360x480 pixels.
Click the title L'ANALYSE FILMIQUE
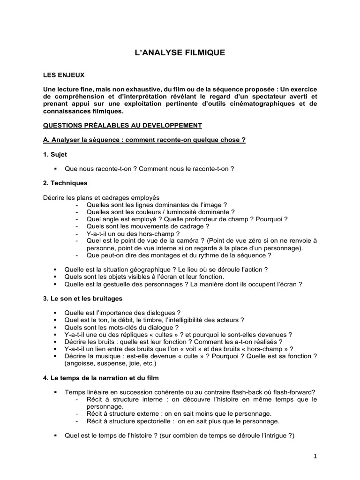[180, 53]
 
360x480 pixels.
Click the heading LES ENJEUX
[64, 75]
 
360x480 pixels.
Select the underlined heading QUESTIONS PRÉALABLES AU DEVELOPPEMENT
[122, 125]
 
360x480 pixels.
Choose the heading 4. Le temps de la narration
[102, 377]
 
